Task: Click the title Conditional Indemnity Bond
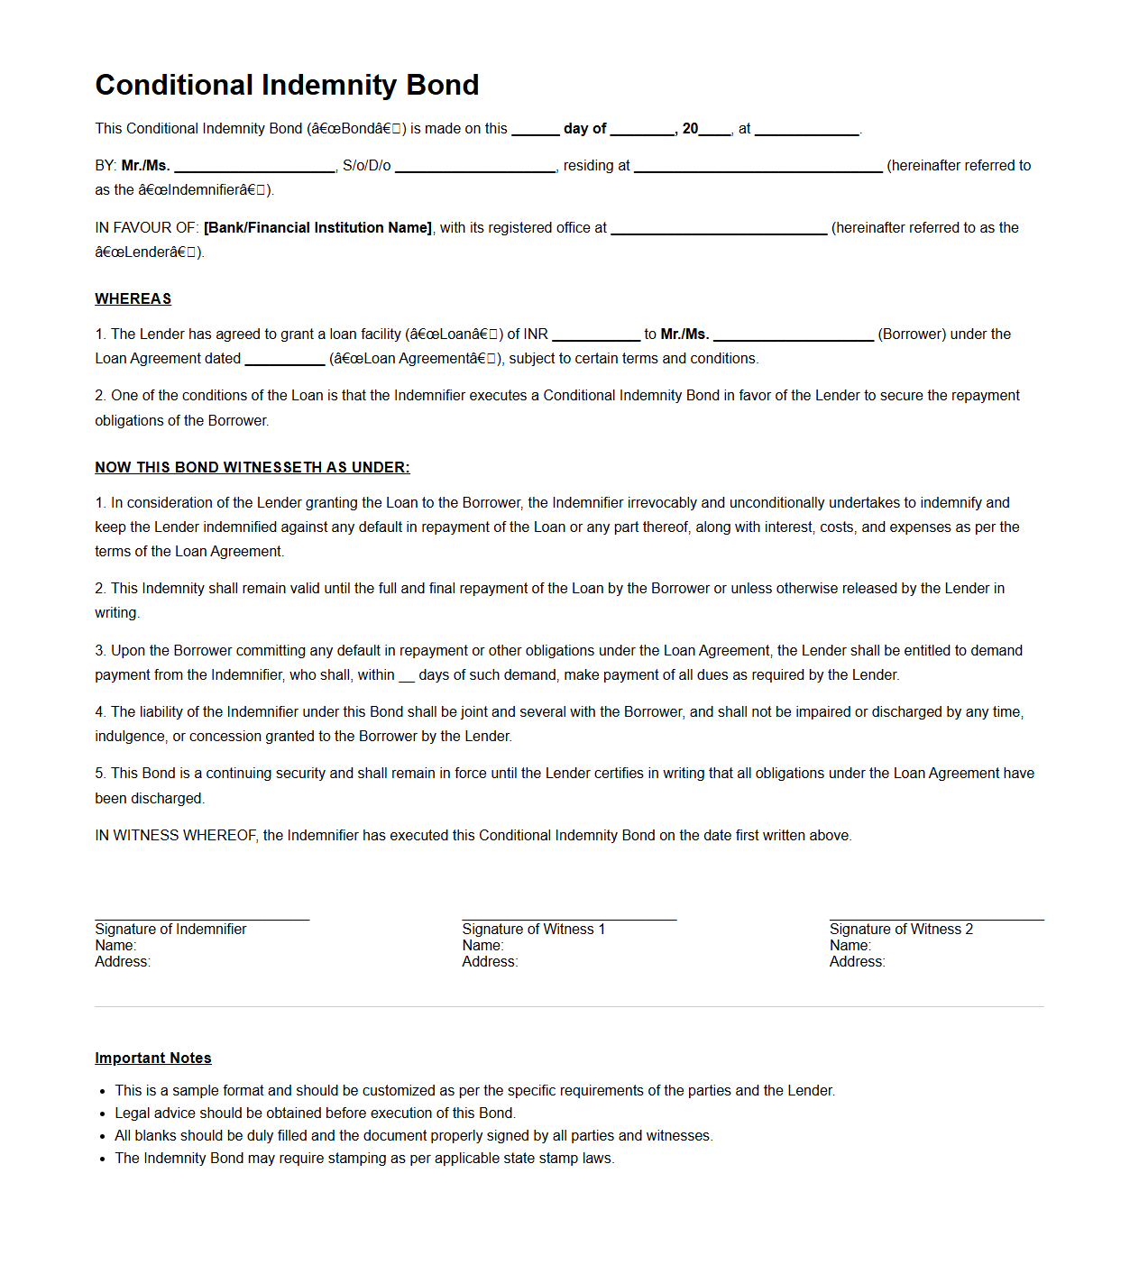287,85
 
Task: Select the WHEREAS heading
133,299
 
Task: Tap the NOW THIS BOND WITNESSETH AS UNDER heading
252,467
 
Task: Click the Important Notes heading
152,1058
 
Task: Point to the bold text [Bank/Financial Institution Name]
317,227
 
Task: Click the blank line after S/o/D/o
476,168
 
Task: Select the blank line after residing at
758,168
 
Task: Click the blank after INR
595,336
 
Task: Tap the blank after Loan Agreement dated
284,361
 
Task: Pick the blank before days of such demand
407,677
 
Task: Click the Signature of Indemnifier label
170,929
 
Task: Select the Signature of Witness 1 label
533,929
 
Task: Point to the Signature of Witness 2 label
901,929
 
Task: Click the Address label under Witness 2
857,962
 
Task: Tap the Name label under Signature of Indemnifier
115,946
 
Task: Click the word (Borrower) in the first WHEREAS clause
912,334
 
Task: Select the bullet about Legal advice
315,1114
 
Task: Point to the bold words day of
584,129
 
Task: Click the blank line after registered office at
719,230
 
